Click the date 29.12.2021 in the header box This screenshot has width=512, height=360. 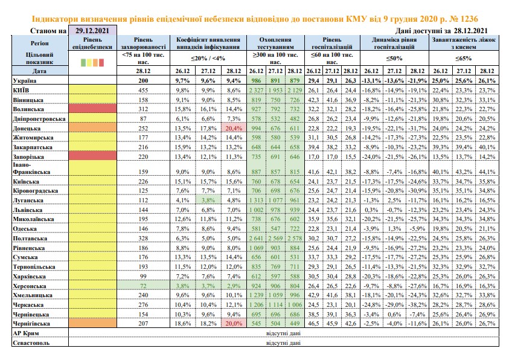tap(92, 31)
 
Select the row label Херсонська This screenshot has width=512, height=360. tap(30, 286)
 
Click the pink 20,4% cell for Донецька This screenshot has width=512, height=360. tap(234, 129)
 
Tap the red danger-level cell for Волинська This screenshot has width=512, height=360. tap(93, 109)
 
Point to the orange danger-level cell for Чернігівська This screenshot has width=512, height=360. tap(93, 323)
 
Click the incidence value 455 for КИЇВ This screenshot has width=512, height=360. tap(143, 90)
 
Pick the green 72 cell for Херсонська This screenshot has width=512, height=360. tap(143, 286)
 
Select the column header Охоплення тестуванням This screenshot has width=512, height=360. tap(275, 43)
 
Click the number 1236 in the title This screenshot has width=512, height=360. tap(469, 19)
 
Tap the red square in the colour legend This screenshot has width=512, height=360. tap(101, 62)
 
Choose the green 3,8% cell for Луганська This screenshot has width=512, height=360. tap(208, 200)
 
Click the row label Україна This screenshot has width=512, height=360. tap(25, 80)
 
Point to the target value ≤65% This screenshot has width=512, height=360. tap(464, 59)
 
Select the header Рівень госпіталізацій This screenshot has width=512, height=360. tap(332, 43)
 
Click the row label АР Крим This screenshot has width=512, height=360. tap(26, 333)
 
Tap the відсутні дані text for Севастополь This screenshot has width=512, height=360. tap(283, 343)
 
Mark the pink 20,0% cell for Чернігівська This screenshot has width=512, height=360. tap(234, 323)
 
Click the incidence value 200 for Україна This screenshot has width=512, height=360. tap(143, 80)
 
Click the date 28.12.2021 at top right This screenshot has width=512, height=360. tap(470, 31)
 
